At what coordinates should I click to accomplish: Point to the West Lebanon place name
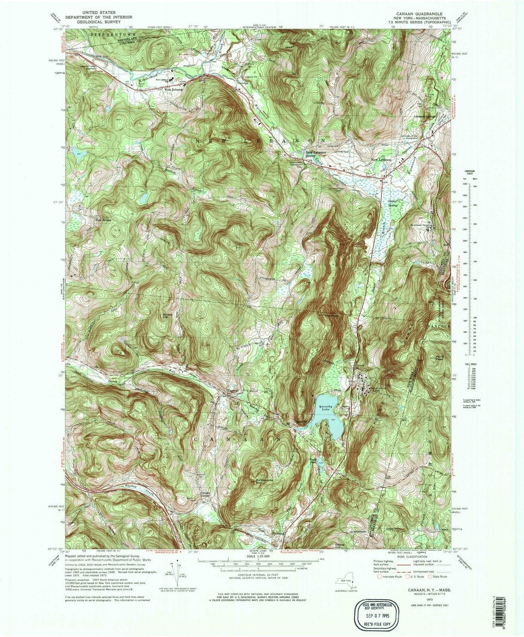(x=175, y=90)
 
